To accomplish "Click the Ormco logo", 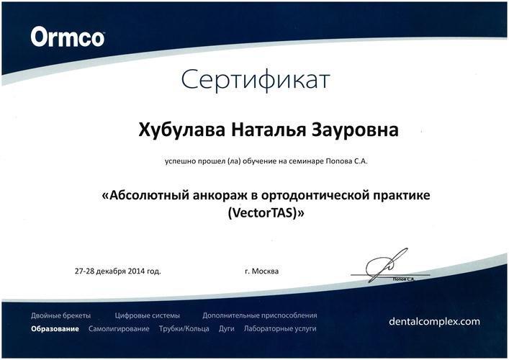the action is [68, 37].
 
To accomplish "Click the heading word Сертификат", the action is [256, 80].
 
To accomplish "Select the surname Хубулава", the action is [181, 130].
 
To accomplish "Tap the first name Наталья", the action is [269, 130].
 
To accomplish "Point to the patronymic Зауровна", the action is [356, 130].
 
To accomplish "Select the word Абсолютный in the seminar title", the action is [150, 195].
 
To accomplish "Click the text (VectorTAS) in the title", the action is [263, 213].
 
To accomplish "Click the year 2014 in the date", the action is [136, 271].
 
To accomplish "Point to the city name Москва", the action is [265, 271].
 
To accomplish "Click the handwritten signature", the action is [387, 264].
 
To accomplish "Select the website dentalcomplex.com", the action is [434, 321].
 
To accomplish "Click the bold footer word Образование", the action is [55, 329].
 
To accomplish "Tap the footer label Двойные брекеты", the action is [61, 315].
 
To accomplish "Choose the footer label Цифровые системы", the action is [147, 315].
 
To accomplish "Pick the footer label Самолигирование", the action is [119, 329].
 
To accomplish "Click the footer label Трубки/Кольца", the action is [184, 329].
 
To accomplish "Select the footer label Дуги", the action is [227, 329].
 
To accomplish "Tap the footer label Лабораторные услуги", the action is [280, 329].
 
